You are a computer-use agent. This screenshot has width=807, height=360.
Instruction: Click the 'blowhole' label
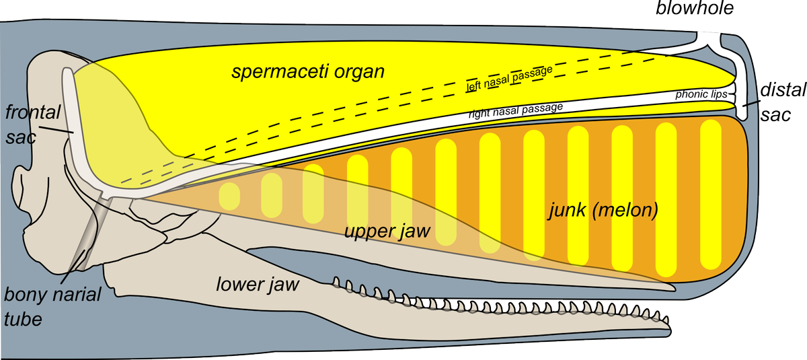click(696, 9)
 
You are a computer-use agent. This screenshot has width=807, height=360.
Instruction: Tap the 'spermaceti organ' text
click(308, 71)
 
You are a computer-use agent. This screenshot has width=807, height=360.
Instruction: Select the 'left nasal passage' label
click(509, 79)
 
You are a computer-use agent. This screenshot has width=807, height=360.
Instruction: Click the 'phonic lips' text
click(701, 96)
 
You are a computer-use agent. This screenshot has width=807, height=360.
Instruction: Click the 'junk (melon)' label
click(601, 211)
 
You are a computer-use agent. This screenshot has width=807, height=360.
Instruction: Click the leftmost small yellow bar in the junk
click(229, 194)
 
